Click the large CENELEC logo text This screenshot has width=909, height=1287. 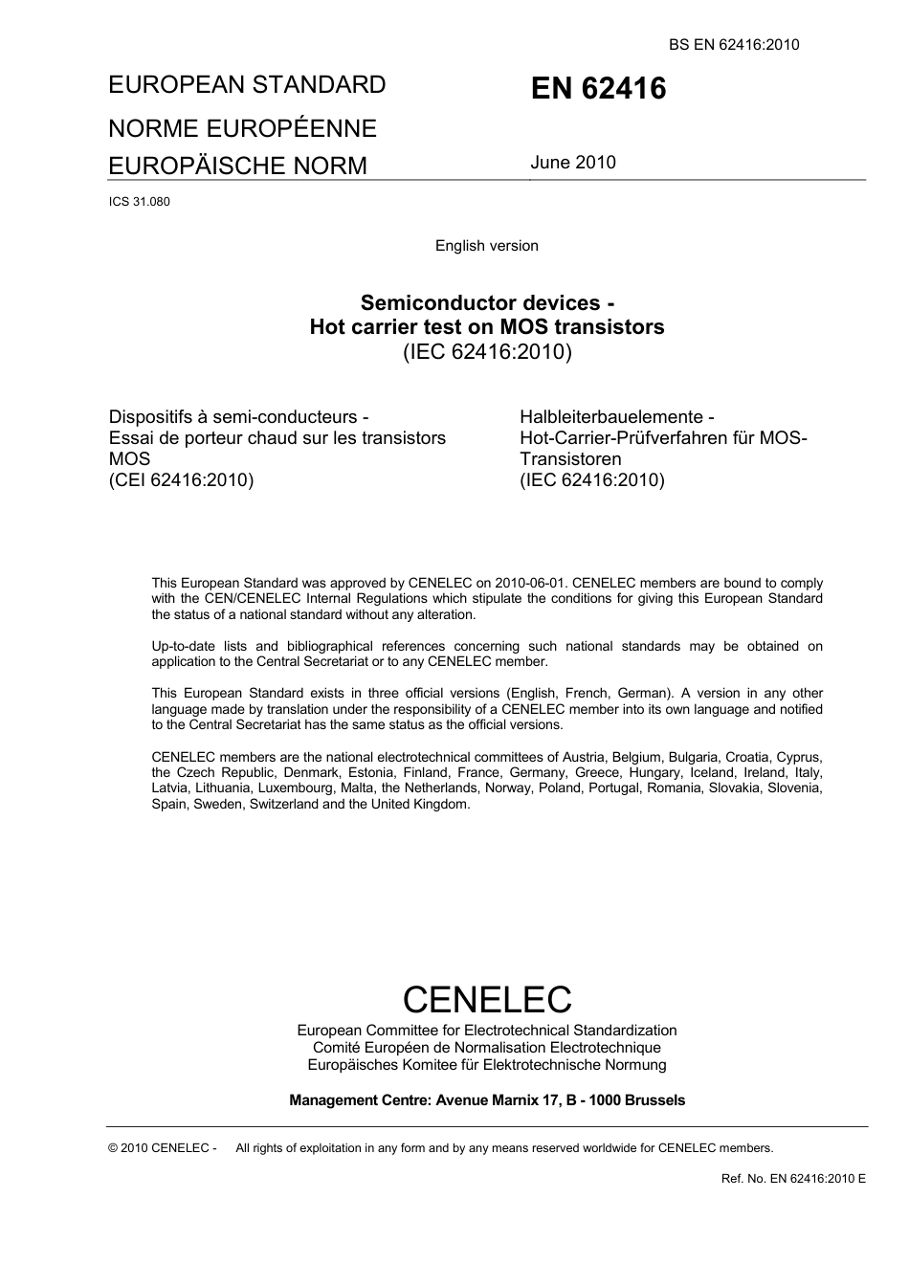[x=486, y=999]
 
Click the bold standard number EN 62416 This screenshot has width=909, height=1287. [x=598, y=89]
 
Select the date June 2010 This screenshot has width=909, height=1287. [x=573, y=162]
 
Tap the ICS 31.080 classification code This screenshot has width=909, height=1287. [x=140, y=202]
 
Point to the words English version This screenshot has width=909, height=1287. [x=486, y=246]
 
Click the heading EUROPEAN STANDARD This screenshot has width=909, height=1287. [x=247, y=84]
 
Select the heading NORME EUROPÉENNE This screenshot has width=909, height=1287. [x=242, y=128]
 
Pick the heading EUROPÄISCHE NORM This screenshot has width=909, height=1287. [x=237, y=166]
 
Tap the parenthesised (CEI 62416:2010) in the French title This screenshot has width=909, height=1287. [x=182, y=480]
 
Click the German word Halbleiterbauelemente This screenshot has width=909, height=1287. [x=611, y=417]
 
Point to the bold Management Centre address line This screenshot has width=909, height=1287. [x=486, y=1100]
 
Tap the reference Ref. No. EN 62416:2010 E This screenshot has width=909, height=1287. [x=793, y=1178]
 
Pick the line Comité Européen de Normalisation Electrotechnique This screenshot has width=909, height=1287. [x=486, y=1048]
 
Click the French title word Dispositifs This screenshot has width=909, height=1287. [x=154, y=417]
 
